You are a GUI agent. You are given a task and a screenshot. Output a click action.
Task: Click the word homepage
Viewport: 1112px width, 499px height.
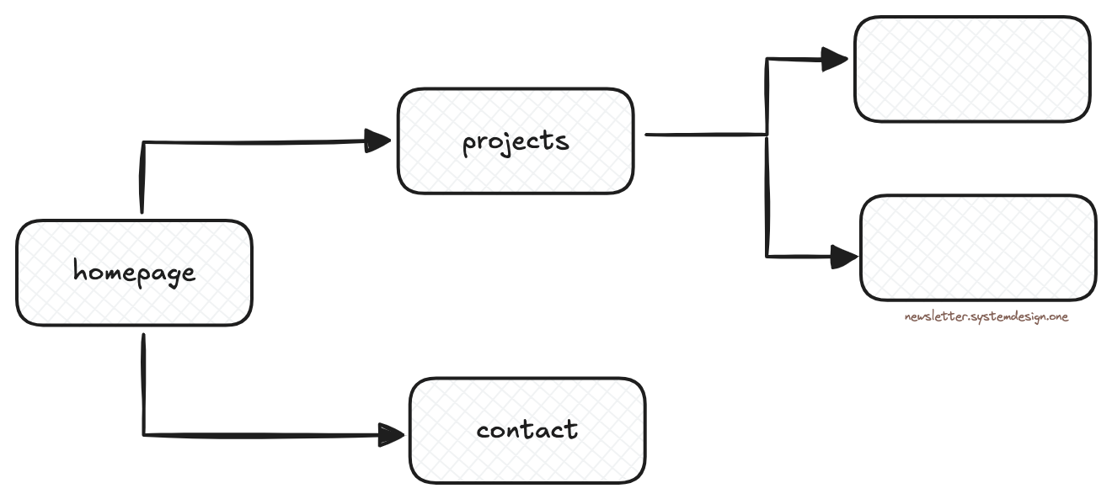pyautogui.click(x=134, y=273)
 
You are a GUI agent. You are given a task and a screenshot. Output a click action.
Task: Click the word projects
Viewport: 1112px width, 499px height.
pyautogui.click(x=516, y=141)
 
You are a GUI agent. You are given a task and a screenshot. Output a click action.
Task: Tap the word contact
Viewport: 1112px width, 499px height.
pyautogui.click(x=527, y=430)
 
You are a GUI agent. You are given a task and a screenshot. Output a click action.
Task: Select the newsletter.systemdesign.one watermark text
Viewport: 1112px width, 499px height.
pyautogui.click(x=986, y=317)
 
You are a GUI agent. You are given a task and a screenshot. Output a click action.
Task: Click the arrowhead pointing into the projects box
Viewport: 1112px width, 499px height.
pyautogui.click(x=378, y=141)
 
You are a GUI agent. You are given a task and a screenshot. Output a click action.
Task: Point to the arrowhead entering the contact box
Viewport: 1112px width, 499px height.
pyautogui.click(x=391, y=435)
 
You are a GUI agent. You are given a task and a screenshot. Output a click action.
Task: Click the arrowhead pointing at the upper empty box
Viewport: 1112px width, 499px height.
pyautogui.click(x=835, y=59)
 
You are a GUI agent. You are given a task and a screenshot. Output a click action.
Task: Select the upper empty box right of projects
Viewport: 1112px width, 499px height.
pyautogui.click(x=972, y=69)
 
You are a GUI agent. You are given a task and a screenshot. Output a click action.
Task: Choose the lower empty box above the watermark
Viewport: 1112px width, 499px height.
pyautogui.click(x=978, y=248)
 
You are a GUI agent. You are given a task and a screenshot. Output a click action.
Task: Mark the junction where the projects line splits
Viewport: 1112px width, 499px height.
pyautogui.click(x=767, y=134)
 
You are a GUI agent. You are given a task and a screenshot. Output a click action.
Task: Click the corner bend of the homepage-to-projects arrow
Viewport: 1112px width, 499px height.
pyautogui.click(x=144, y=143)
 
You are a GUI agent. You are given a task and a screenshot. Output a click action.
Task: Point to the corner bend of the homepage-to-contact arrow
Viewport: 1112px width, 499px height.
pyautogui.click(x=144, y=435)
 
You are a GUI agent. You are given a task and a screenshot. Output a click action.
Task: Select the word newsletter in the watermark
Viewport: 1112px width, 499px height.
pyautogui.click(x=929, y=317)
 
